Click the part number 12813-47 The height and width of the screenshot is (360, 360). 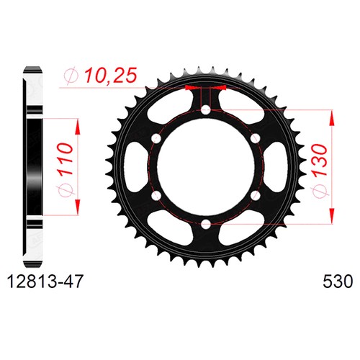coord(46,282)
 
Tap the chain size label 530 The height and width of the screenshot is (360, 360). coord(338,282)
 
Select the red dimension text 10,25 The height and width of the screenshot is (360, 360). coord(111,75)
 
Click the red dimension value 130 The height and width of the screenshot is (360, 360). coord(321,160)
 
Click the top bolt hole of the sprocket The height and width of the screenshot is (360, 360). coord(205,110)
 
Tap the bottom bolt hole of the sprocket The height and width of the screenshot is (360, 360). coord(205,225)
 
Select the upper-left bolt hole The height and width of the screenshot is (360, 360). coord(156,138)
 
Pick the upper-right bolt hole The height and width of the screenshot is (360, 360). coord(255,138)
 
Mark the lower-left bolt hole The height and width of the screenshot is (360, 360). coord(156,196)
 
